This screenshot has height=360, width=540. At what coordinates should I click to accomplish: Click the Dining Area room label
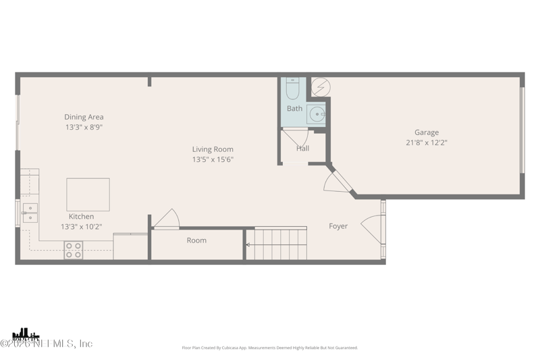[84, 117]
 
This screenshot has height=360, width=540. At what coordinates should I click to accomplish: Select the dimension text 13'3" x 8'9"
[84, 127]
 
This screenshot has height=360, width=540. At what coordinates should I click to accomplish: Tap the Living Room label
[213, 149]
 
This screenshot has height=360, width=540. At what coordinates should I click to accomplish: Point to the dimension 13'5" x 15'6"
[213, 159]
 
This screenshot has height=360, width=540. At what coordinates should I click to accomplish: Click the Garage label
[426, 132]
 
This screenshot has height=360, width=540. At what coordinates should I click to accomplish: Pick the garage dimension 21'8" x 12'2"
[426, 143]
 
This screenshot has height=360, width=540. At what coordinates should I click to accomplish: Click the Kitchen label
[81, 217]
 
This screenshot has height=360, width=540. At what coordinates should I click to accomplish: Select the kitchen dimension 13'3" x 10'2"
[81, 227]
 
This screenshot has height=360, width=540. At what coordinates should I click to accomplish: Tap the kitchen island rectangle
[88, 195]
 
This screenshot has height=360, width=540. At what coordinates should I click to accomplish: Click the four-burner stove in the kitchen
[73, 250]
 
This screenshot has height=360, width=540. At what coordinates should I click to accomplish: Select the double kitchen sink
[30, 213]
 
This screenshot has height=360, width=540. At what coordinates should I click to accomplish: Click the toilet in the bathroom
[292, 89]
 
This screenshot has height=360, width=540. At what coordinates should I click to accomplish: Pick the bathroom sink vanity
[317, 114]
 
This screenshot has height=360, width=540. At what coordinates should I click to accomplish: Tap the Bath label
[294, 108]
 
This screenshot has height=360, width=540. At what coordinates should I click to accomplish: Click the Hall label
[302, 149]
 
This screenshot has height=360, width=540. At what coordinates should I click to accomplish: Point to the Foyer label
[338, 226]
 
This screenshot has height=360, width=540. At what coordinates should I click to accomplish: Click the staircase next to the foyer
[276, 244]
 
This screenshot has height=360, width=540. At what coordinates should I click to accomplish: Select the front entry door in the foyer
[373, 230]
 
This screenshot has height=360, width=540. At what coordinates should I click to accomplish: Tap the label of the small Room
[196, 240]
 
